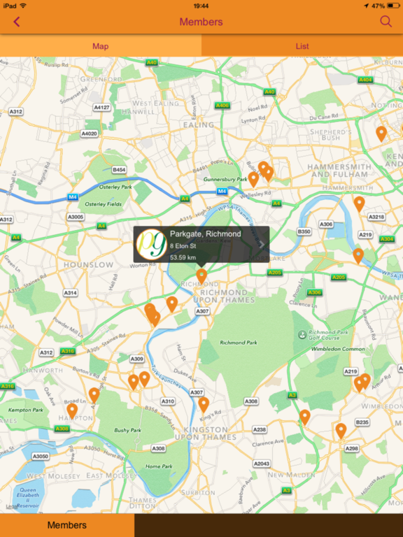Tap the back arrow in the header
(16, 22)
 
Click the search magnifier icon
(386, 22)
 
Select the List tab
(302, 46)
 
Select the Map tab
(101, 46)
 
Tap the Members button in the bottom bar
(67, 525)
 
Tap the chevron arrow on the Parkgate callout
(262, 245)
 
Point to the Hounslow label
(88, 265)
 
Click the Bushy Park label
(127, 431)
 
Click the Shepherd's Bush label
(331, 134)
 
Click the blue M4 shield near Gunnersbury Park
(222, 191)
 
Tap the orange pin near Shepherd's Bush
(381, 133)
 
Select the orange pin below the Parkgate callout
(201, 275)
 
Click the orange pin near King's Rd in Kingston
(204, 404)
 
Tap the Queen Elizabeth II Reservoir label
(28, 498)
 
